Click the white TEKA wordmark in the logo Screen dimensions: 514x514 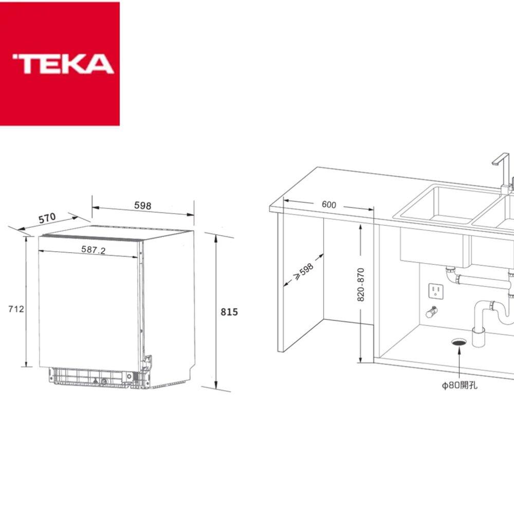(x=63, y=64)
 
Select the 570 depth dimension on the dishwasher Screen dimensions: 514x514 (x=47, y=218)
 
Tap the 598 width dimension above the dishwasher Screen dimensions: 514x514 (x=142, y=206)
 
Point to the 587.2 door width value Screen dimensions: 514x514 (x=93, y=250)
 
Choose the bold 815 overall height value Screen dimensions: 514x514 (x=229, y=312)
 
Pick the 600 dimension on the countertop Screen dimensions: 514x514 (x=328, y=205)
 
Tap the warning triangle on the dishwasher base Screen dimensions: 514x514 (x=95, y=381)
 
